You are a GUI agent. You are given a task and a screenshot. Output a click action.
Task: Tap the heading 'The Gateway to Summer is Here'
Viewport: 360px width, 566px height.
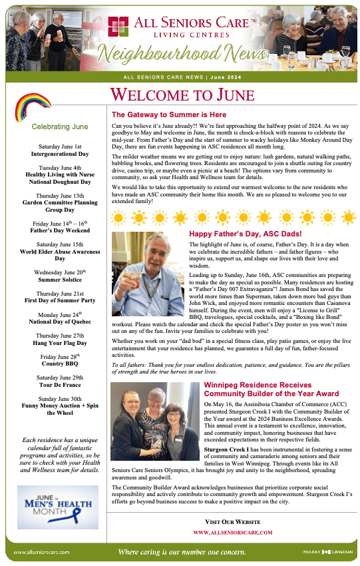pos(169,115)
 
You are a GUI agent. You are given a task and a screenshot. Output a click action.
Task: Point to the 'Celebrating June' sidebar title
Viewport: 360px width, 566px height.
pos(60,127)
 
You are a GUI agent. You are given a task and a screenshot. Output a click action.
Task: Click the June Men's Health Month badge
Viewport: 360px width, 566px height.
pos(57,506)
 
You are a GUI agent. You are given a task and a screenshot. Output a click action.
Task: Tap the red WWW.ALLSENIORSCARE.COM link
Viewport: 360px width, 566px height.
pos(233,533)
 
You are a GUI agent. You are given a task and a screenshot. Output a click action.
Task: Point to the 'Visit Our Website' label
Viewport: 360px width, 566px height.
pos(233,521)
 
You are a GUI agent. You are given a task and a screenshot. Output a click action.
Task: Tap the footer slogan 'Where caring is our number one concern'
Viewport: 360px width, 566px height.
pos(182,552)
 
